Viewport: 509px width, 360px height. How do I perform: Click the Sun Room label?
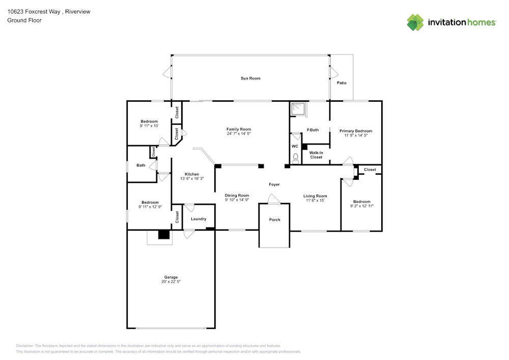tap(250, 78)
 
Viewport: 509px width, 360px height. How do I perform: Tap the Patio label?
tap(342, 82)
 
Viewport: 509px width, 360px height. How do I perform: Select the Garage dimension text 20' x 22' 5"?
tap(171, 282)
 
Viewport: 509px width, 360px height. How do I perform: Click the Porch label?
tap(274, 220)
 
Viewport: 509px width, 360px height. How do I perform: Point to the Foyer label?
tap(274, 184)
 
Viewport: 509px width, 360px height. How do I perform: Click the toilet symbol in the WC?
tap(295, 158)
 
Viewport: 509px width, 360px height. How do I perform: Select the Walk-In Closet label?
tap(316, 155)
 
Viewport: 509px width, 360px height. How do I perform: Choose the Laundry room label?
tap(199, 219)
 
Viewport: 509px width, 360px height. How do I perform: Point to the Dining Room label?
tap(237, 196)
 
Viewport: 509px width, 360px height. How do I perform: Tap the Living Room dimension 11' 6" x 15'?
tap(315, 201)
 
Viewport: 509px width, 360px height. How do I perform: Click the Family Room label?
tap(239, 129)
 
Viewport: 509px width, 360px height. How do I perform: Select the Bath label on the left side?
tap(140, 165)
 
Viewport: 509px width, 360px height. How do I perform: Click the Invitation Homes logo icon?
tap(415, 22)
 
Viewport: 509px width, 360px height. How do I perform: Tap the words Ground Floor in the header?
tap(24, 20)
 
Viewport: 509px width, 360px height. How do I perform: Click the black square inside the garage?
tap(163, 235)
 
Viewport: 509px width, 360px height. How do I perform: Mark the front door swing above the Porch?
tap(274, 200)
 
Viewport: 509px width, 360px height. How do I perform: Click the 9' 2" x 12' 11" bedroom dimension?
tap(362, 206)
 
